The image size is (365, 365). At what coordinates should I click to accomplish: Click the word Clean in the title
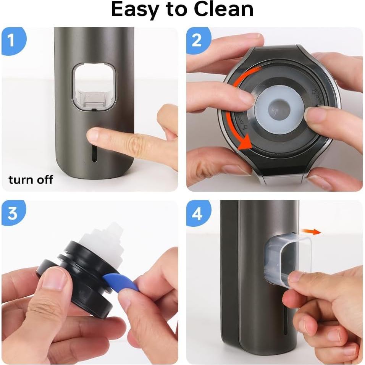tap(224, 10)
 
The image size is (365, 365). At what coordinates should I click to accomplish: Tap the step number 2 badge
tap(197, 40)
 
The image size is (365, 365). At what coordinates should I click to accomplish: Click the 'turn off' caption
tap(31, 179)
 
